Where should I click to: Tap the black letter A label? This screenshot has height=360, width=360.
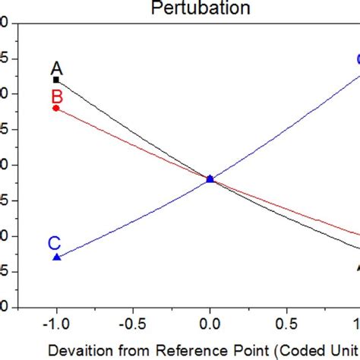coord(56,68)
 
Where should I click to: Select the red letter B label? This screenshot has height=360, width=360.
coord(56,96)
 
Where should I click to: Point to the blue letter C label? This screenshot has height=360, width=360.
coord(55,243)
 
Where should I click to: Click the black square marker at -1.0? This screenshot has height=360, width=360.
coord(56,80)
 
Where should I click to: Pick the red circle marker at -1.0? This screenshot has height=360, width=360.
coord(56,108)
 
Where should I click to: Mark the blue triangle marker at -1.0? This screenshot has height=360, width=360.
coord(56,257)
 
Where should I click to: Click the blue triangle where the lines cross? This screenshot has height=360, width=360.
coord(210,179)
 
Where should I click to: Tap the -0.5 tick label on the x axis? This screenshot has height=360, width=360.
coord(132,322)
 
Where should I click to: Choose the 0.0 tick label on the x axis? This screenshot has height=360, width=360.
coord(210,322)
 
